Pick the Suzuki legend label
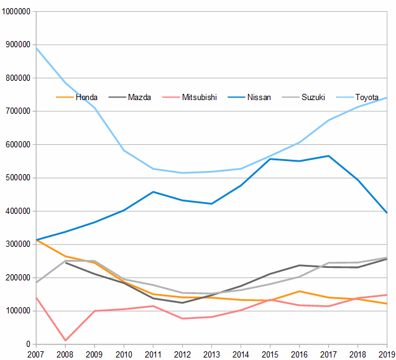point(313,97)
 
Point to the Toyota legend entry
point(367,97)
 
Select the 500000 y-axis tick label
point(19,178)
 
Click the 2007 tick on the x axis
point(36,354)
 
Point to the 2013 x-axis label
point(211,354)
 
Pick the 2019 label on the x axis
point(387,354)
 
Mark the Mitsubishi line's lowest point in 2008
point(65,341)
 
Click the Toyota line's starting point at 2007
point(36,48)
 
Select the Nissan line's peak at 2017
point(328,156)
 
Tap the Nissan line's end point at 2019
point(387,213)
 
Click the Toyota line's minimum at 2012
point(182,173)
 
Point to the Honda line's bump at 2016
point(299,291)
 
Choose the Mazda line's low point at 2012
point(182,302)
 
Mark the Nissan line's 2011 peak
point(153,192)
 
